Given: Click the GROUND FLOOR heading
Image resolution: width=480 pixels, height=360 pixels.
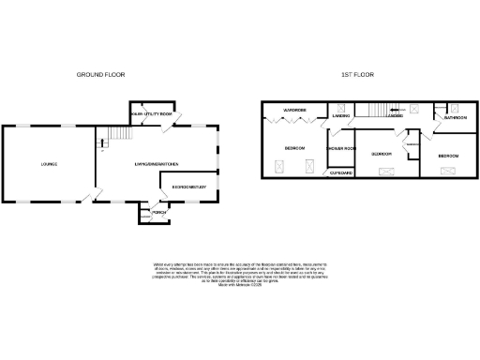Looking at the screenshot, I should click(100, 74).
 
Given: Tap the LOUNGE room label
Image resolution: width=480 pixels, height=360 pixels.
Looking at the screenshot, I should click(49, 164).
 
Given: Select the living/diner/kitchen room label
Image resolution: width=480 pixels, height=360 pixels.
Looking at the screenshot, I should click(156, 164).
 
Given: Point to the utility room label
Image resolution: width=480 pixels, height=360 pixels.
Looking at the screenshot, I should click(153, 112).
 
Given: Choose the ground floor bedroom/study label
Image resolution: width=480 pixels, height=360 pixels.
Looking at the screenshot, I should click(189, 187).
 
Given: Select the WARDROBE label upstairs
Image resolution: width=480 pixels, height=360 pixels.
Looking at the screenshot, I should click(298, 111).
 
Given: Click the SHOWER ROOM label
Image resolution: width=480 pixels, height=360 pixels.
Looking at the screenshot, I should click(339, 149).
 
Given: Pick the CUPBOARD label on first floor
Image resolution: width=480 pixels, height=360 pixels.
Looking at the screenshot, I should click(339, 172).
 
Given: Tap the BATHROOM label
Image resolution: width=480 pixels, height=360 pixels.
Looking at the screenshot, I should click(456, 118).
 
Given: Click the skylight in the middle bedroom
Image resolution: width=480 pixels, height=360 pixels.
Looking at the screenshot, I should click(385, 172).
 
